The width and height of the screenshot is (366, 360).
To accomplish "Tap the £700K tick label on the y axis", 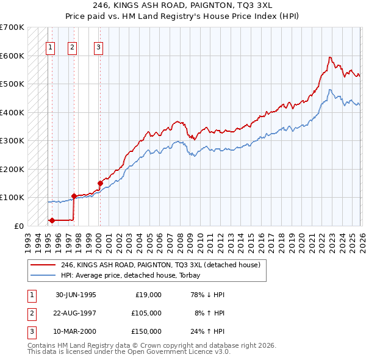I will pyautogui.click(x=12, y=27).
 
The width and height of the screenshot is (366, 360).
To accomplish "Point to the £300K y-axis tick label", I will pyautogui.click(x=12, y=141).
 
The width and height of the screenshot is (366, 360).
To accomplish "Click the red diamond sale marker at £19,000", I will pyautogui.click(x=52, y=220).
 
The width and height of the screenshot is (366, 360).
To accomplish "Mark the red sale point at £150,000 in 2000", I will pyautogui.click(x=99, y=183).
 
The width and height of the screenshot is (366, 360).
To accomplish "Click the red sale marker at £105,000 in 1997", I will pyautogui.click(x=74, y=196).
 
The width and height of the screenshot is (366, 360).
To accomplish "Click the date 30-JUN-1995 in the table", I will pyautogui.click(x=76, y=294).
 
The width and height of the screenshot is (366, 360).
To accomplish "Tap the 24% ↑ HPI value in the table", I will pyautogui.click(x=207, y=331).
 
